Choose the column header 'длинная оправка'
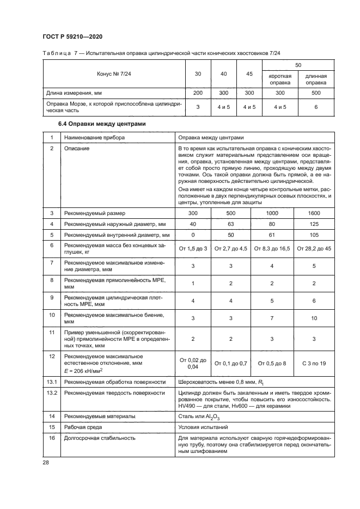(316, 79)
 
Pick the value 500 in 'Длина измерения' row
(316, 94)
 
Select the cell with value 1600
(314, 213)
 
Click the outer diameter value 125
(314, 224)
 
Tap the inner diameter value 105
(314, 235)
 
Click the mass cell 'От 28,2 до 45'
(314, 249)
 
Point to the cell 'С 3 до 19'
(314, 363)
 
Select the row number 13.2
(52, 393)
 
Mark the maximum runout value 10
(314, 317)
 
